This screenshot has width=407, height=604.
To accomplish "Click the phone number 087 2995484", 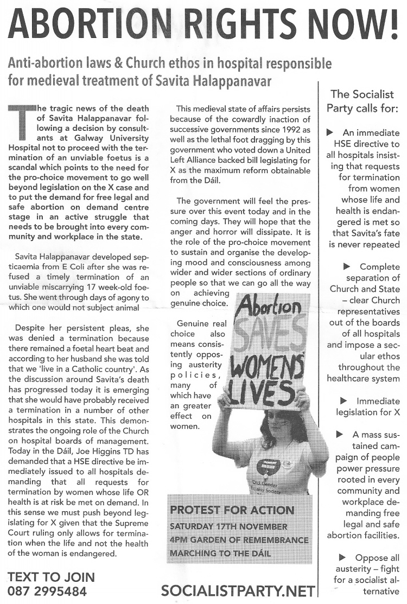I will coord(47,591).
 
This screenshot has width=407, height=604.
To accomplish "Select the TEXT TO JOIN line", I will coord(52,577).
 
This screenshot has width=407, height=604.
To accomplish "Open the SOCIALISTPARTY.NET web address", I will coord(238,591).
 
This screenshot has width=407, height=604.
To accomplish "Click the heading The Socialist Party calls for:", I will coord(362,101).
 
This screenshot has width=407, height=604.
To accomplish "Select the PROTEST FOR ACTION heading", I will coord(232,510).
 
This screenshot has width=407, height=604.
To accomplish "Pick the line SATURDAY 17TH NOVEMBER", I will coord(228,526).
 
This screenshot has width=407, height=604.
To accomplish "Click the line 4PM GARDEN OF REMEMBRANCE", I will coord(239,540).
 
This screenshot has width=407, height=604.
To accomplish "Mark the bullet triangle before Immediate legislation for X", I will coord(343,400).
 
